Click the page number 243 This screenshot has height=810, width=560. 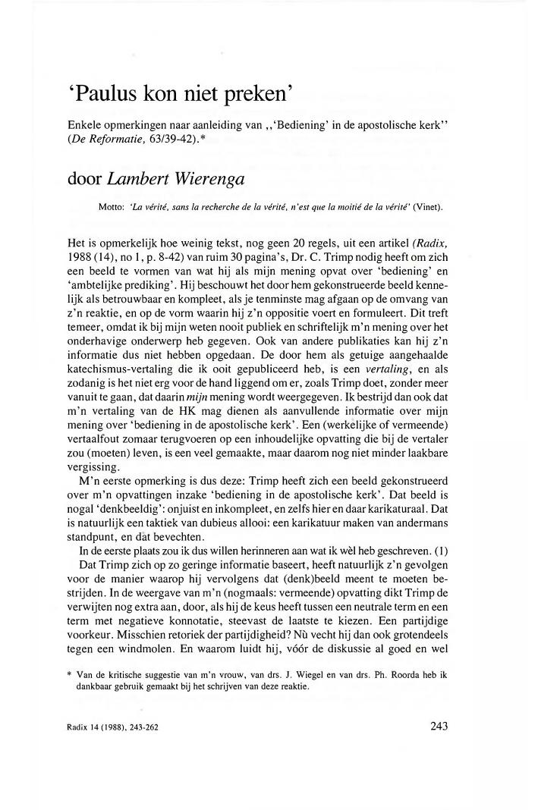point(439,727)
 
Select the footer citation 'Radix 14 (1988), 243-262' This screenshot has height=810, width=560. point(112,729)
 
